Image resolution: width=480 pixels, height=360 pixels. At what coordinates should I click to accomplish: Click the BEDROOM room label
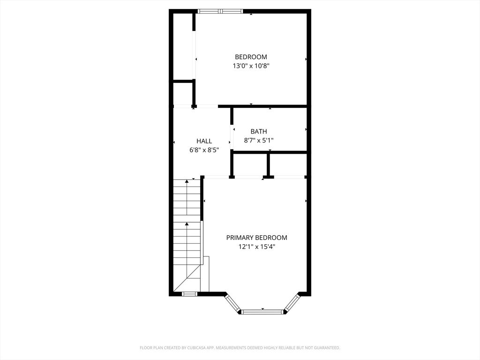coord(251,57)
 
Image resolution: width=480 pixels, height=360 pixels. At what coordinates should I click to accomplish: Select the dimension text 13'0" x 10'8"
coord(251,66)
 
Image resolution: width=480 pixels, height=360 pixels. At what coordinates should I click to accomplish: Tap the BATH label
coord(258,132)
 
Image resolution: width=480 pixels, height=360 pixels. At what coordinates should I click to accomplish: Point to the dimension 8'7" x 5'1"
coord(258,140)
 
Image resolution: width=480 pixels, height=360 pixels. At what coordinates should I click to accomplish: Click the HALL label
coord(204,141)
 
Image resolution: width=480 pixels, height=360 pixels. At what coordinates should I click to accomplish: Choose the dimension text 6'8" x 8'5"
coord(204,150)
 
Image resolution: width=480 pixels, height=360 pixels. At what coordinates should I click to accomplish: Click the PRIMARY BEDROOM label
coord(256,238)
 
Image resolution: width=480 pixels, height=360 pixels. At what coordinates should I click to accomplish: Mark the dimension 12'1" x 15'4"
coord(256,247)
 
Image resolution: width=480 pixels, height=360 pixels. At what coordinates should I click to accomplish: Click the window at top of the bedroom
coord(220,11)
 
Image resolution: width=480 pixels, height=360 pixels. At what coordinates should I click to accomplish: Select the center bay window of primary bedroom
coord(262,311)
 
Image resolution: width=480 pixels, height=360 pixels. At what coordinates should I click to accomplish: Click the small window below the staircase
coord(189,294)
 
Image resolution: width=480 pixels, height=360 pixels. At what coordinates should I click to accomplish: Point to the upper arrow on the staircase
coord(187,180)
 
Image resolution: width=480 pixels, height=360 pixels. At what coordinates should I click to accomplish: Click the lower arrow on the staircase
coord(187,225)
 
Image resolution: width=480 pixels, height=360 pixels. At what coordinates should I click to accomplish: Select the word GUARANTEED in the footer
coord(325,348)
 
